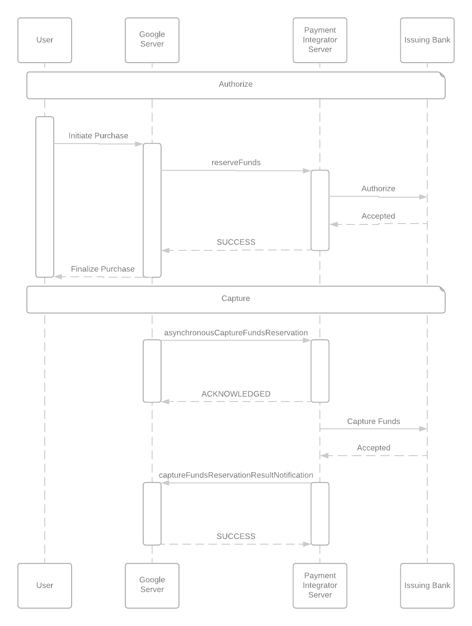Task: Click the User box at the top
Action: click(45, 40)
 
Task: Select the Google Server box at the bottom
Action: click(152, 585)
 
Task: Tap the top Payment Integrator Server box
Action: click(320, 40)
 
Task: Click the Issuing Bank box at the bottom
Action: click(427, 585)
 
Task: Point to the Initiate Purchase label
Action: click(98, 136)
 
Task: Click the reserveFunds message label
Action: click(236, 163)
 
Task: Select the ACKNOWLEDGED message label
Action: click(236, 394)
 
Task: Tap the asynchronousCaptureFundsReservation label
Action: click(236, 333)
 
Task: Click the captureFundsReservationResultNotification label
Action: click(236, 475)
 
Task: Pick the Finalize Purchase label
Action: click(103, 269)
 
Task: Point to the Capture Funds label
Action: click(374, 421)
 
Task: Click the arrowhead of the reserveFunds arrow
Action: click(307, 170)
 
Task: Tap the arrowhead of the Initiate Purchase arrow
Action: click(139, 144)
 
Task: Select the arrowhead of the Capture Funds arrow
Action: click(423, 429)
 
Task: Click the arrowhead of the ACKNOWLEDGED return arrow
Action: click(165, 402)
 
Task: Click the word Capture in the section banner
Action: click(236, 298)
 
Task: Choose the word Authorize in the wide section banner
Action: click(236, 84)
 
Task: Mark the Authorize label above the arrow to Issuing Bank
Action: click(378, 189)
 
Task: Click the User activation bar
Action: click(45, 197)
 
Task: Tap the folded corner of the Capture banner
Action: click(442, 289)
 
